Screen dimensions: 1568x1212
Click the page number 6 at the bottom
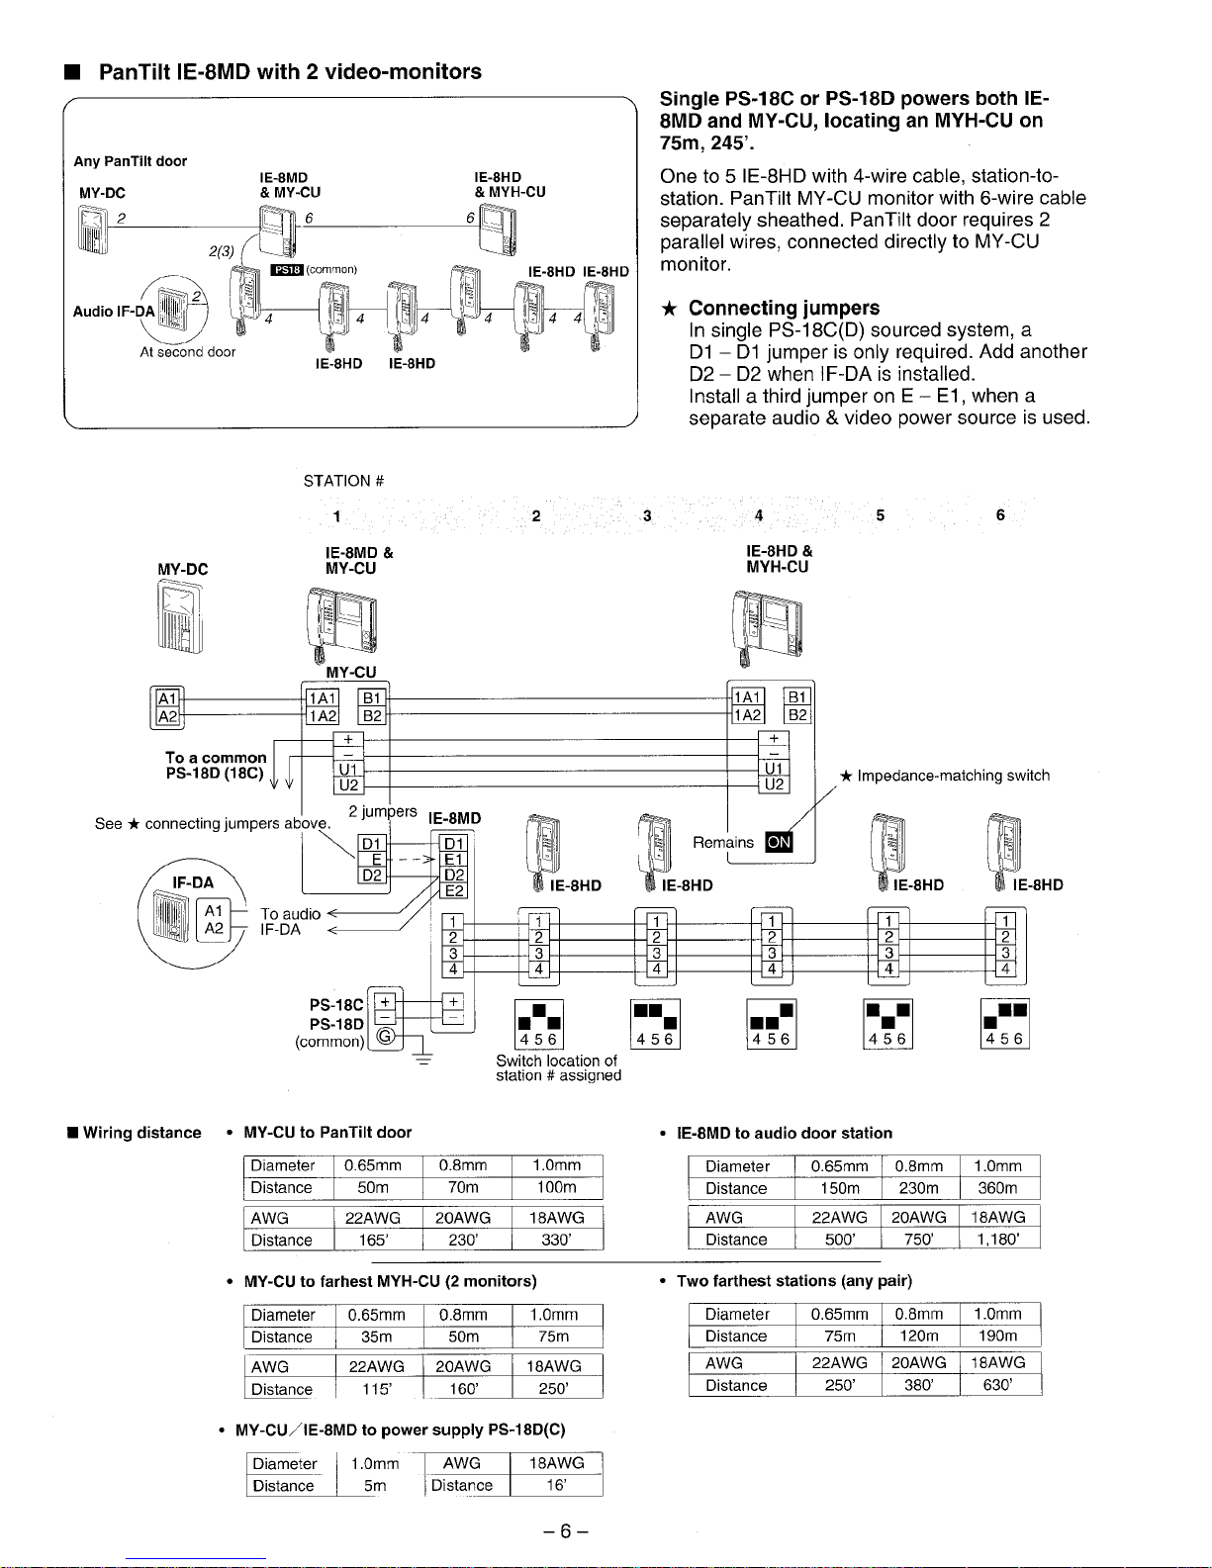(565, 1531)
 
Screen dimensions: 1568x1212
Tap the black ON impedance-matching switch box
(780, 842)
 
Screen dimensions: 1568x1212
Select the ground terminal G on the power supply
(385, 1036)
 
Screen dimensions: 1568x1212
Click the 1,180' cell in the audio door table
(997, 1239)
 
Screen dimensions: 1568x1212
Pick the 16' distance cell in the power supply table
(556, 1485)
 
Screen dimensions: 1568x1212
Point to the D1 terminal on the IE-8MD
(454, 843)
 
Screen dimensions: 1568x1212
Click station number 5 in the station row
(880, 515)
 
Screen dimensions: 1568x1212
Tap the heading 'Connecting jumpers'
(784, 308)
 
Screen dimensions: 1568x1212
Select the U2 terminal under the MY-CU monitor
(348, 785)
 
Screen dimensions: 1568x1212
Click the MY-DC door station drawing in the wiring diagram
(179, 617)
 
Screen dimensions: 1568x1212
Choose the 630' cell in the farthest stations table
(997, 1385)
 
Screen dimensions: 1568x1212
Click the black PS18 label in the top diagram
(287, 269)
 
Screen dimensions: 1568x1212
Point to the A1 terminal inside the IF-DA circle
(214, 911)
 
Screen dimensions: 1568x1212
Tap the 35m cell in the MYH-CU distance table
(376, 1337)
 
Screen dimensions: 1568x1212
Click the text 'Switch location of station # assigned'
(558, 1067)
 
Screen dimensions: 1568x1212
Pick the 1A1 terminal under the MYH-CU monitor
(747, 697)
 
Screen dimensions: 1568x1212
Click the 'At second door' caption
(188, 352)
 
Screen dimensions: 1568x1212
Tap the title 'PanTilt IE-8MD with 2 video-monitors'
(290, 71)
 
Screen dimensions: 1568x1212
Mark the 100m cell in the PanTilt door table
(556, 1187)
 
